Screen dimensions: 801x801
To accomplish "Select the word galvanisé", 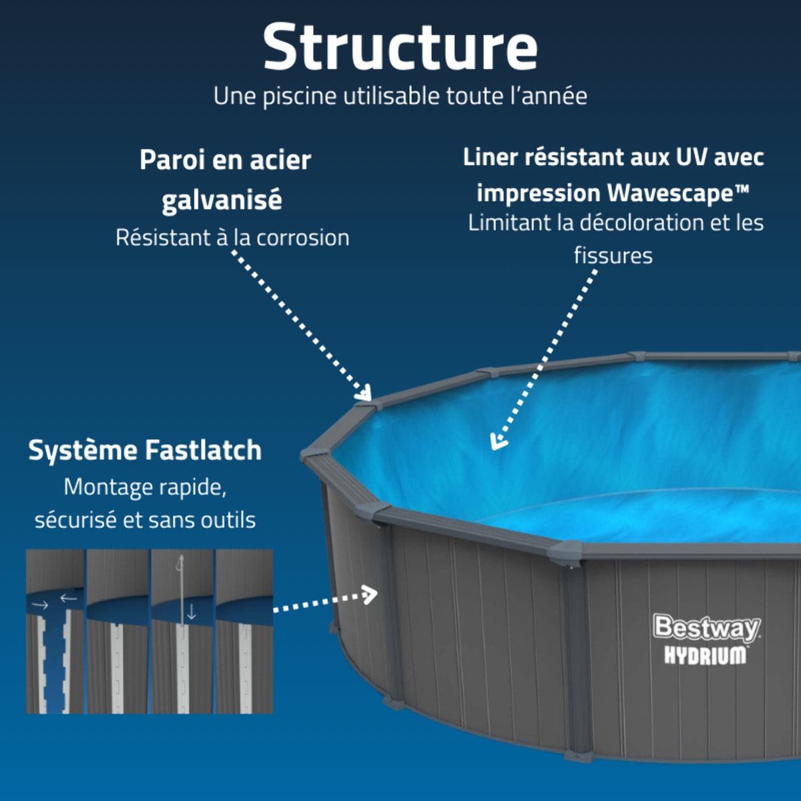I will click(x=222, y=200).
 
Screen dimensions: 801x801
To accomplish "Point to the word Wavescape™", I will click(x=678, y=194).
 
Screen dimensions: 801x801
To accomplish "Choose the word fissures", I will click(x=613, y=256).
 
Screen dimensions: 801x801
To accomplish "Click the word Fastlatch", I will click(x=203, y=451).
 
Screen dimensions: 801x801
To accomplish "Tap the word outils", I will click(x=229, y=520).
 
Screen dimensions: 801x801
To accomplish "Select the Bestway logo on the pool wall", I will click(x=706, y=627).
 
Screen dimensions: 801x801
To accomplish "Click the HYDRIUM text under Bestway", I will click(x=705, y=655).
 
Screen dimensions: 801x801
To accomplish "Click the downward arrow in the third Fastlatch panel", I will click(x=191, y=612).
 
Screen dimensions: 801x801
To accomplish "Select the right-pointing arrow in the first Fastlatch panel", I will click(x=41, y=605).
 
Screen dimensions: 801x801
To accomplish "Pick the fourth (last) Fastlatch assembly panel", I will click(x=244, y=631).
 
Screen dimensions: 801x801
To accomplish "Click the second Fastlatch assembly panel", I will click(x=117, y=631).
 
